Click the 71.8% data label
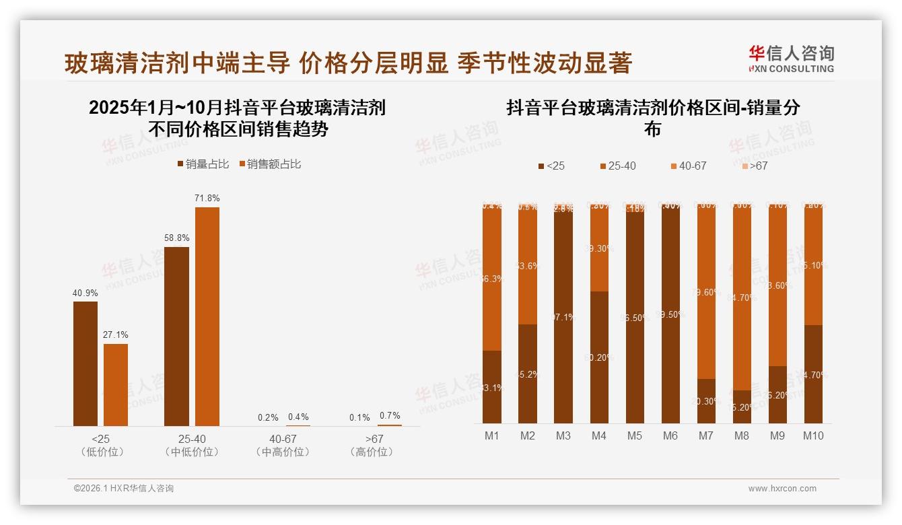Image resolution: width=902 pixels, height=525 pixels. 207,199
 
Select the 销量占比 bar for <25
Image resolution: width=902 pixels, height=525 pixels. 85,363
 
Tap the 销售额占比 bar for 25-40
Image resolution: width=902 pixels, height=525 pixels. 207,316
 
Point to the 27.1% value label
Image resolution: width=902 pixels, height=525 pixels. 116,335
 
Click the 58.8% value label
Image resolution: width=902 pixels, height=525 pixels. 176,238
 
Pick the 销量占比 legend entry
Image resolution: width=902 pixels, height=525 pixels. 203,164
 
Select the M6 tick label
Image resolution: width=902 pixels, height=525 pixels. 670,435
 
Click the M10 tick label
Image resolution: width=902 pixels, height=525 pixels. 813,435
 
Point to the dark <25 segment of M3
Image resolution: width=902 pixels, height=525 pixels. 563,316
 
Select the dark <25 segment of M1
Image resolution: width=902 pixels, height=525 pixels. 492,386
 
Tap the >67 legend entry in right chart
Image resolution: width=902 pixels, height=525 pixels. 755,166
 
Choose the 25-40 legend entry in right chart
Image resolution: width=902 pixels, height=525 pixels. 617,166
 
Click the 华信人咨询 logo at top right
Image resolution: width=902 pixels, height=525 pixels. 791,59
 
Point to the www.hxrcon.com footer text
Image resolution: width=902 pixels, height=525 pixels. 782,489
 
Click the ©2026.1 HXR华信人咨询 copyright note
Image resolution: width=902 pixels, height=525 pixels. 124,489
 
